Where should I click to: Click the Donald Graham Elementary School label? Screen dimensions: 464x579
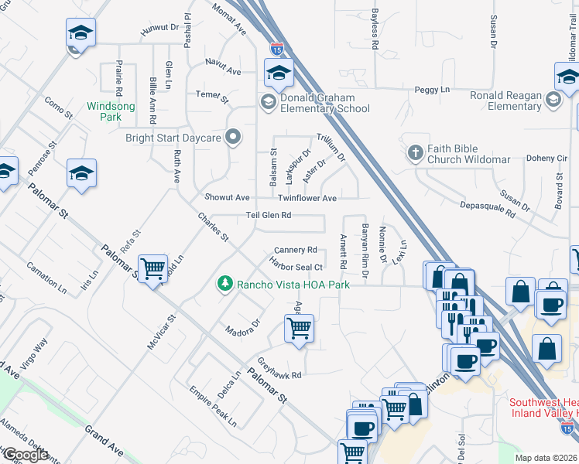click(x=324, y=103)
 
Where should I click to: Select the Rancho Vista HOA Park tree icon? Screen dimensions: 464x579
click(x=225, y=284)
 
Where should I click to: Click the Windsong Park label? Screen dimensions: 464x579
click(x=104, y=111)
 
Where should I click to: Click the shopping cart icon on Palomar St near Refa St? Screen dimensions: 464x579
click(x=153, y=269)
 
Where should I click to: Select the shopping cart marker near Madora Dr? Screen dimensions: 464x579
click(x=299, y=328)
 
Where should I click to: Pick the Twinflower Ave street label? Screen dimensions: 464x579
click(x=307, y=199)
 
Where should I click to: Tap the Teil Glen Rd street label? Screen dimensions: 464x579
click(x=268, y=215)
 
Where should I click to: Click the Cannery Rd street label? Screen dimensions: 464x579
click(x=296, y=250)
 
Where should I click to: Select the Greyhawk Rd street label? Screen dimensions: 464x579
click(x=279, y=369)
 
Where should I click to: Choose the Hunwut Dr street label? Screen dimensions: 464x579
click(x=159, y=29)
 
